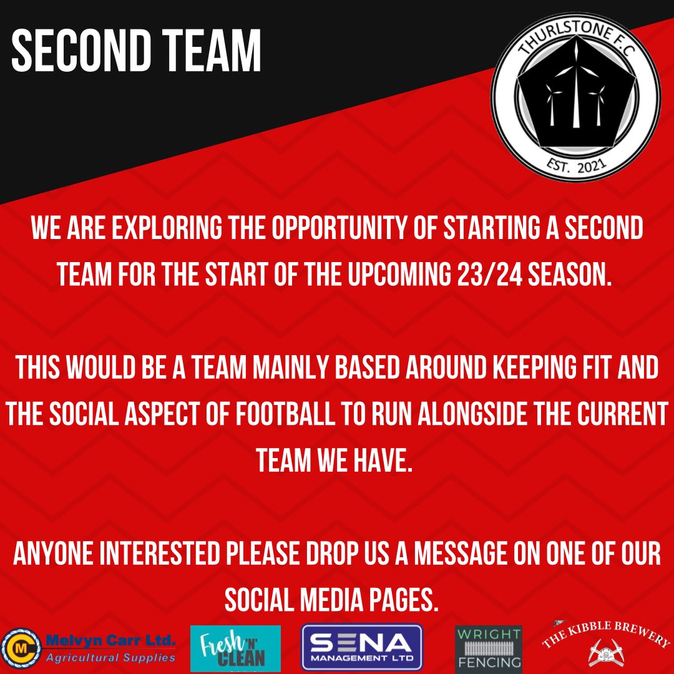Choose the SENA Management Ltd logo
(x=362, y=648)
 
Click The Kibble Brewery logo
(x=605, y=643)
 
